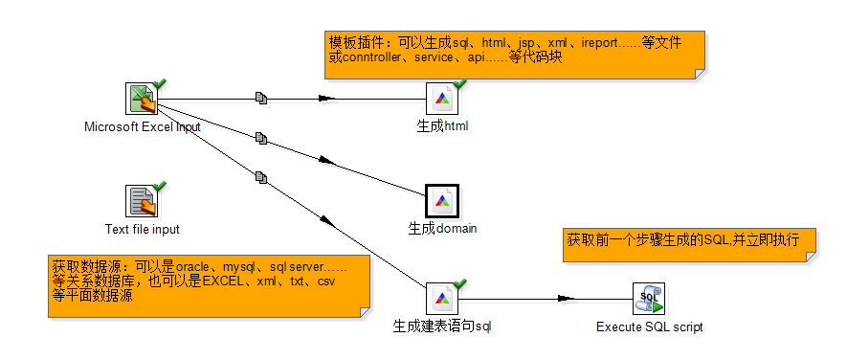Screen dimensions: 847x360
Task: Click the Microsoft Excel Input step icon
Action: (142, 99)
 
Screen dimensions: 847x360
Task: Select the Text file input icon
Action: (142, 201)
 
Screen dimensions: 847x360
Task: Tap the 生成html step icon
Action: (442, 99)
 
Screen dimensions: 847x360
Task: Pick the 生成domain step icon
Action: (442, 201)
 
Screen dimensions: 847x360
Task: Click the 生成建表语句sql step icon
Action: (442, 299)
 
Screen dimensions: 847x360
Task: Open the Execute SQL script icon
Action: (649, 299)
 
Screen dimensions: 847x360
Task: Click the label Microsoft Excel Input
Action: (143, 127)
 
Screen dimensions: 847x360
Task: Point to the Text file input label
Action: (143, 229)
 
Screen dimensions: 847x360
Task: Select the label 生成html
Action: (442, 126)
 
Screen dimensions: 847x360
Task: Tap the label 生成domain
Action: (442, 229)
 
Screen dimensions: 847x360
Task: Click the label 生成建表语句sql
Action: (442, 326)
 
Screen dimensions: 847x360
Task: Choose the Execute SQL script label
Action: (650, 327)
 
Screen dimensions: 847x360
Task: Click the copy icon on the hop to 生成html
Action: (261, 98)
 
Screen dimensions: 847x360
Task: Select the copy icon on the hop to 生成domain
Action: (261, 139)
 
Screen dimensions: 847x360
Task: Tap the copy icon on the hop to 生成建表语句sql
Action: (261, 177)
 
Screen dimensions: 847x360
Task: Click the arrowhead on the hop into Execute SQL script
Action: (566, 298)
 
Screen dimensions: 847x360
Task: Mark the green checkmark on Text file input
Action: (160, 187)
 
